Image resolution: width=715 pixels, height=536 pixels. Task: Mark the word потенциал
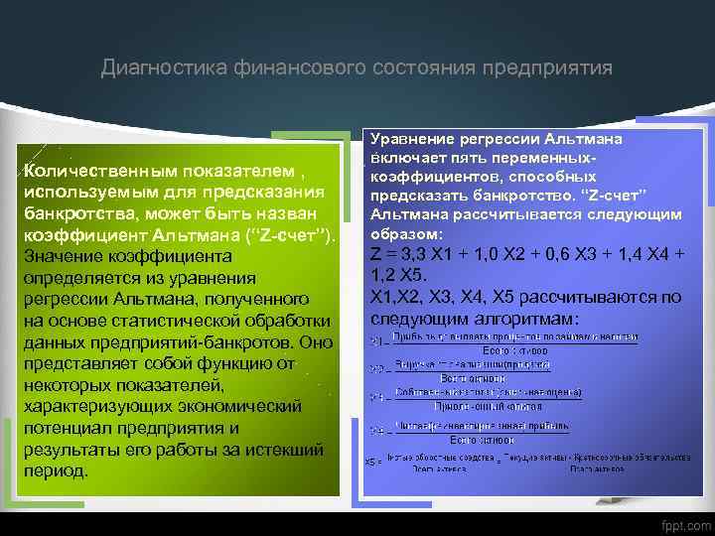[71, 428]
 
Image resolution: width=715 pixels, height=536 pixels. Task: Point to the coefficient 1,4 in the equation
[635, 254]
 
